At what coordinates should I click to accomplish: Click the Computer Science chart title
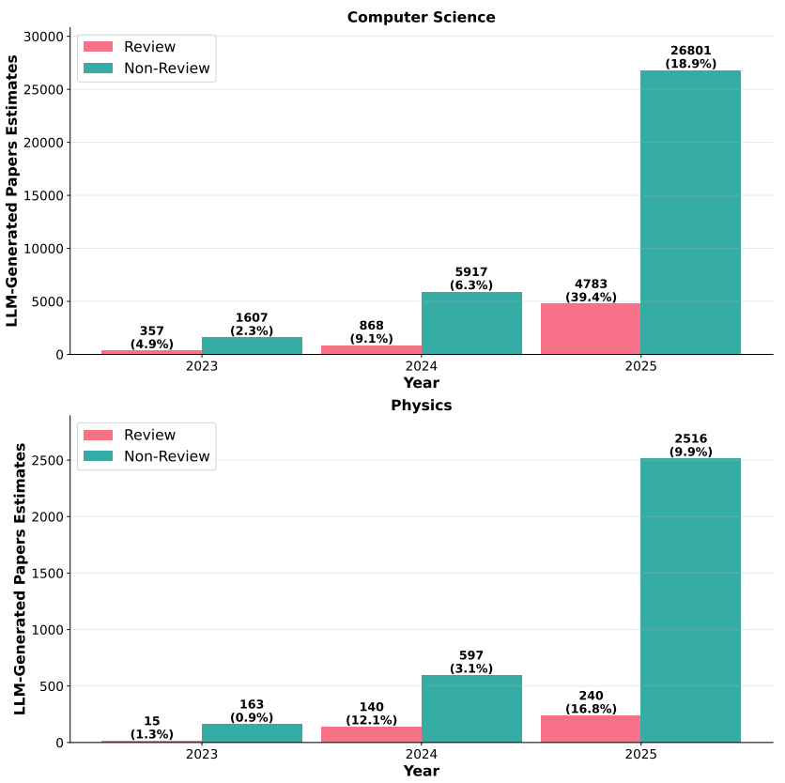[421, 17]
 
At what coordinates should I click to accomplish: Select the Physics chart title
[421, 406]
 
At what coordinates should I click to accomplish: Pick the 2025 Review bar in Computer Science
[590, 329]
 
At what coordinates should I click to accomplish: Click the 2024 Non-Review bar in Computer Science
[471, 323]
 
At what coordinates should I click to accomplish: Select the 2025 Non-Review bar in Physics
[690, 600]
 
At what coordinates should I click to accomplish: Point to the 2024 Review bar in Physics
[371, 734]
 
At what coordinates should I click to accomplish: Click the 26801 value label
[690, 51]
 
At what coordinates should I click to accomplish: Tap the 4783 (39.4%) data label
[590, 291]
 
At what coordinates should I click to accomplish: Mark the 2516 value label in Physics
[690, 438]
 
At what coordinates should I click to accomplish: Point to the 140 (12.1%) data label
[371, 714]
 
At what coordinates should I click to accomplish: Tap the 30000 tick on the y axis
[43, 37]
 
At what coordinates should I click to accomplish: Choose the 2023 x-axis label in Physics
[202, 754]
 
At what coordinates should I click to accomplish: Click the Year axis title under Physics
[421, 771]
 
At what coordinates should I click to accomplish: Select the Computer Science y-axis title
[12, 190]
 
